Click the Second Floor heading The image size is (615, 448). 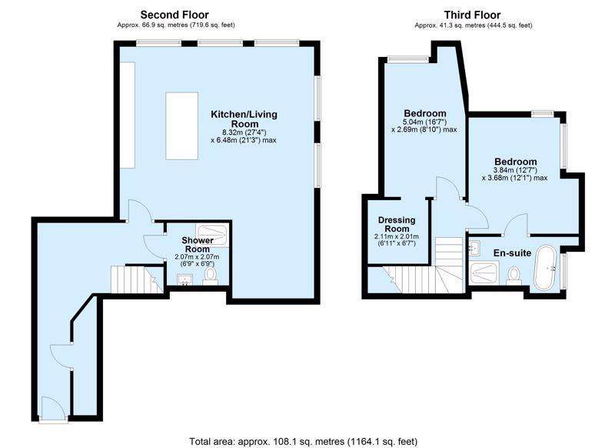(175, 15)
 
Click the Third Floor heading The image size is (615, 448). (472, 15)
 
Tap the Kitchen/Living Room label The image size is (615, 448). (244, 119)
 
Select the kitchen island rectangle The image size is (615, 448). (181, 126)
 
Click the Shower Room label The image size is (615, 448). (198, 245)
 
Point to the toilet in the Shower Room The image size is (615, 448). (210, 276)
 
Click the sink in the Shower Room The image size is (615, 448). (184, 280)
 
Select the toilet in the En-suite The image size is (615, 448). (513, 276)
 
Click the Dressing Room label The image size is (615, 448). (397, 224)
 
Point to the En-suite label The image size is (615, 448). (512, 253)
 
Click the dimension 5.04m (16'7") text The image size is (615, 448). (425, 122)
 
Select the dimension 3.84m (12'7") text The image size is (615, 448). (515, 170)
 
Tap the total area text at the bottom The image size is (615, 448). (303, 441)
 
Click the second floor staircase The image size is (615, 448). (137, 279)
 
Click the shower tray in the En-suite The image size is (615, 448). (484, 272)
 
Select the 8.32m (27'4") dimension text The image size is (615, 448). (244, 132)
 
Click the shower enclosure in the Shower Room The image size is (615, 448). (212, 235)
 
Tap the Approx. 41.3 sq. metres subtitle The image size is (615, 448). (474, 25)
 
